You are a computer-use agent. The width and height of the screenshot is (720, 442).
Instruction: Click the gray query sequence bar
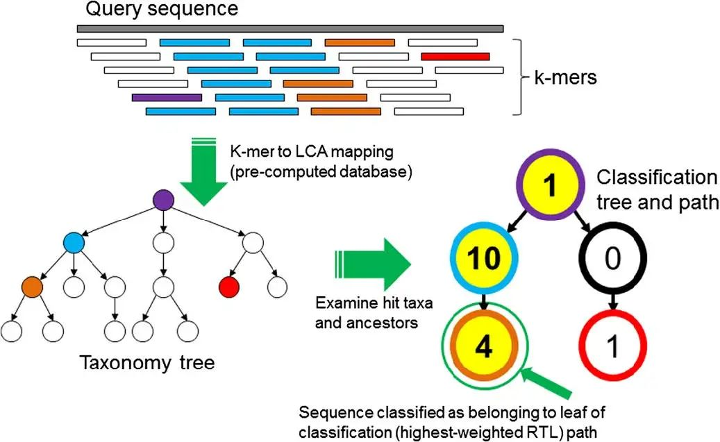point(290,29)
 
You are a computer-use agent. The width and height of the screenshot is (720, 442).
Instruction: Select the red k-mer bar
point(455,56)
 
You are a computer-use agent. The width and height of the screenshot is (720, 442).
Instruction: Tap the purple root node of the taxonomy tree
point(162,201)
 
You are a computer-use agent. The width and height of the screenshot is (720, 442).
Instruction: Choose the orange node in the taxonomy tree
point(32,285)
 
